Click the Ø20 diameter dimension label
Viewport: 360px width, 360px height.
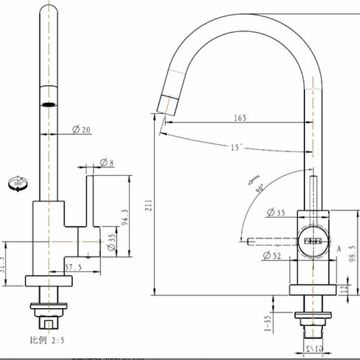pyautogui.click(x=81, y=130)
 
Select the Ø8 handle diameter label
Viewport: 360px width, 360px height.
pyautogui.click(x=107, y=162)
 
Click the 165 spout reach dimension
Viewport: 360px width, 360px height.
pyautogui.click(x=240, y=118)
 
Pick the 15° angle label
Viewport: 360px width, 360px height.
pyautogui.click(x=237, y=147)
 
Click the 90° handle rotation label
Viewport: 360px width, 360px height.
pyautogui.click(x=260, y=188)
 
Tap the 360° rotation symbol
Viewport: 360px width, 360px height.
pyautogui.click(x=16, y=184)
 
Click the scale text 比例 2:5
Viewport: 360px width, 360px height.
pyautogui.click(x=47, y=339)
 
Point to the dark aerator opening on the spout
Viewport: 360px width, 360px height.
pyautogui.click(x=50, y=103)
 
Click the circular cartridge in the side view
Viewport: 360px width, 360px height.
pyautogui.click(x=312, y=241)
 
